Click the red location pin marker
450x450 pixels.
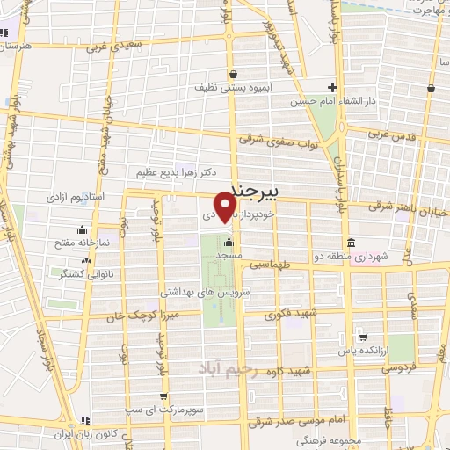tap(226, 208)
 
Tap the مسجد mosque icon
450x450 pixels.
tap(229, 243)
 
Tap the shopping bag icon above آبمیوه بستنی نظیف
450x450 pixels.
tap(232, 74)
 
